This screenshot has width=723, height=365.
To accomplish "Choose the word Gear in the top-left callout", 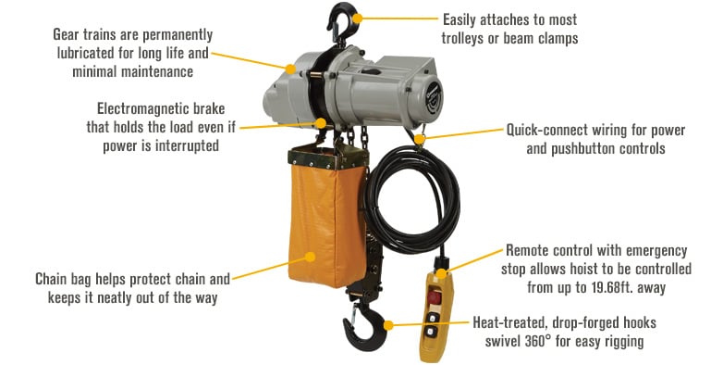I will [68, 33].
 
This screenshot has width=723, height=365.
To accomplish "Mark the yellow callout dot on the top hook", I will [357, 17].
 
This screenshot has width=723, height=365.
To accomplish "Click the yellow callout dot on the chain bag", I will [310, 257].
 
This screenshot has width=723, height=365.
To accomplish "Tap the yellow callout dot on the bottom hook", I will [389, 324].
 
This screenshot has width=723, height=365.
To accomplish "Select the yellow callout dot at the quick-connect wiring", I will [422, 139].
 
